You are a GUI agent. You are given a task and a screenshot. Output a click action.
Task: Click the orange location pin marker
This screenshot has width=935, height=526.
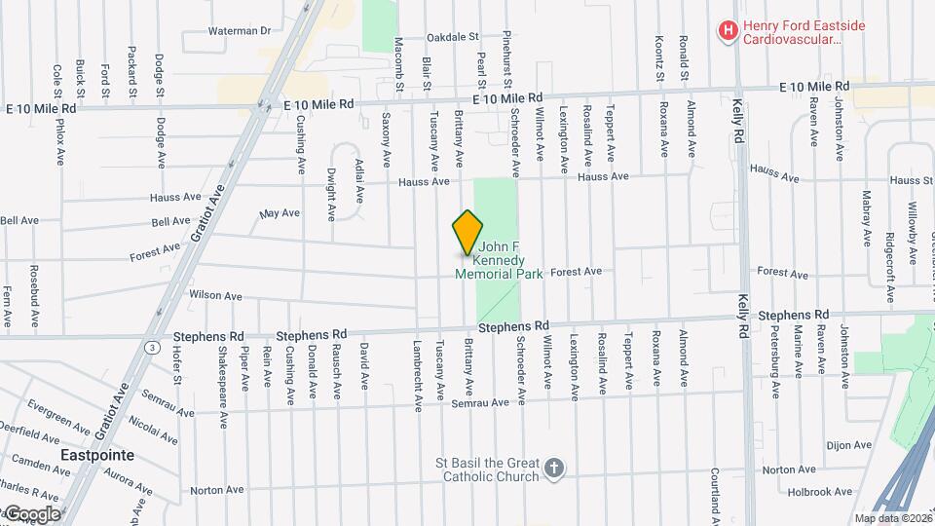point(468,233)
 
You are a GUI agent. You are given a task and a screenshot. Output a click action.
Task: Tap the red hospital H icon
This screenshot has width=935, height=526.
point(727,31)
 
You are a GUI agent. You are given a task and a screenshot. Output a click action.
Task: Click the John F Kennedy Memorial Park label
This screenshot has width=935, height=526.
point(499,261)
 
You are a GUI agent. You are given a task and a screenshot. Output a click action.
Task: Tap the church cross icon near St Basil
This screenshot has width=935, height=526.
point(554,470)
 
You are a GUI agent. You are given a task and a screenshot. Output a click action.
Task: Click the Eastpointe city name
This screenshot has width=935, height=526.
point(96,455)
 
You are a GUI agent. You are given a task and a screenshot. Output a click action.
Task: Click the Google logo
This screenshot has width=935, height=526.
point(32,513)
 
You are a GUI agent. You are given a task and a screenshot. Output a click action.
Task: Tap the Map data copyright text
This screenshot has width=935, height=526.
point(890,518)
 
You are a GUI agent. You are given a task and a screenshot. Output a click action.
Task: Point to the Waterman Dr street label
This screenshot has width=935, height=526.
point(239,31)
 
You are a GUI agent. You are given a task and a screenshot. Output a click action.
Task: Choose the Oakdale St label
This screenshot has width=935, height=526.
point(454,37)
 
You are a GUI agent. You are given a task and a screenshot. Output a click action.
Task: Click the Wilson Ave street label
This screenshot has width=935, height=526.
point(215,295)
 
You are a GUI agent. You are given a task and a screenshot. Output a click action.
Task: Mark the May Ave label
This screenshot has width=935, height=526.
point(280,212)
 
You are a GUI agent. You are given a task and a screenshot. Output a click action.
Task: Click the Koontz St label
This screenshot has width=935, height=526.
point(660,57)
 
